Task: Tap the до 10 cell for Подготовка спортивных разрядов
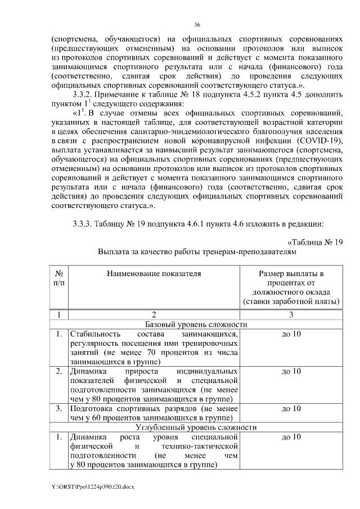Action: [x=291, y=408]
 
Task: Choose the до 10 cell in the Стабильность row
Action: [x=291, y=335]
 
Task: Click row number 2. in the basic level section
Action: [x=59, y=371]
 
